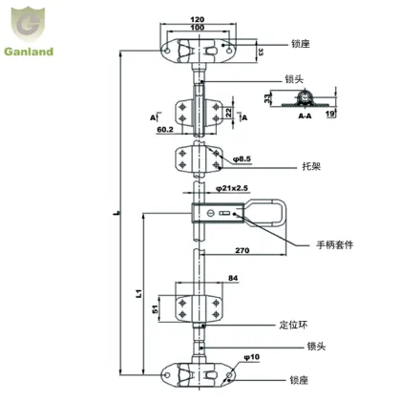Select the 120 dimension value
tap(199, 18)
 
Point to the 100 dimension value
tap(199, 28)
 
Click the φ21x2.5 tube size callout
tap(232, 189)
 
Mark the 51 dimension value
tap(158, 307)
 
